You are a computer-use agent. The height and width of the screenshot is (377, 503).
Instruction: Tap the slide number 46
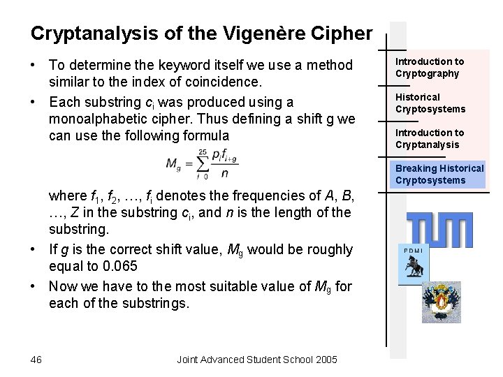click(36, 359)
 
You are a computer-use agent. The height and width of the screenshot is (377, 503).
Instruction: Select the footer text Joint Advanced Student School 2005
click(257, 359)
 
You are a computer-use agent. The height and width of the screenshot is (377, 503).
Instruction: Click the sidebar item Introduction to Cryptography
click(430, 68)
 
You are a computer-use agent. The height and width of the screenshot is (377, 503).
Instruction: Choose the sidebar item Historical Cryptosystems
click(430, 103)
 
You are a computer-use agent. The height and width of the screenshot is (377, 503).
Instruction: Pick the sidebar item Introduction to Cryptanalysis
click(430, 138)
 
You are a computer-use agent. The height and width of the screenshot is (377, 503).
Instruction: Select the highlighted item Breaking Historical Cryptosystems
click(439, 174)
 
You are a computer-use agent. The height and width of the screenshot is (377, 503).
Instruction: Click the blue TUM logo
click(439, 230)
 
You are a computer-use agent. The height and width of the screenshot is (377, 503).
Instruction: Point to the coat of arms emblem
click(441, 301)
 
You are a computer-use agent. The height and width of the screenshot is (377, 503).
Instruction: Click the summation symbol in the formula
click(203, 165)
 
